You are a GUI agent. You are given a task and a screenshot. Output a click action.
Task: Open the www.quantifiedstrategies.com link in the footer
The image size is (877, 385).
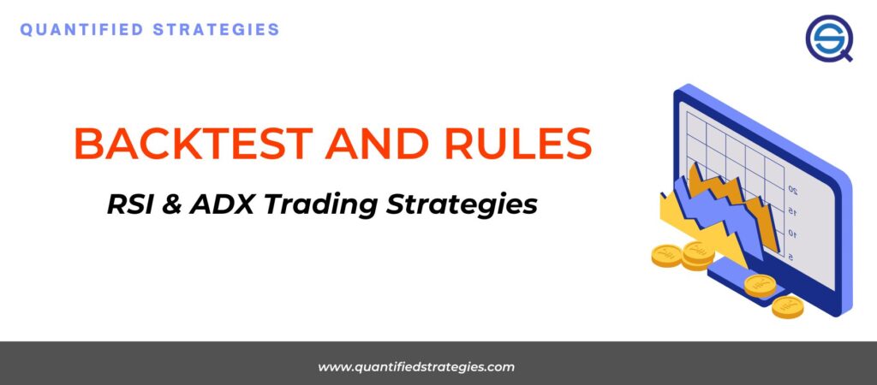click(416, 367)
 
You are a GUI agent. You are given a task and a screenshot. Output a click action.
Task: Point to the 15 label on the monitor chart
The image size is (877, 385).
click(792, 211)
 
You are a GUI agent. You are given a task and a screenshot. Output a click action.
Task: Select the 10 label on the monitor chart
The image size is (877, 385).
click(792, 234)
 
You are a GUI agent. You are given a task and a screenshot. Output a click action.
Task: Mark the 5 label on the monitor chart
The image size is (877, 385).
click(790, 255)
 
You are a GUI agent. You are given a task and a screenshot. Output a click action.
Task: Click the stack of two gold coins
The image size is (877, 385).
click(699, 253)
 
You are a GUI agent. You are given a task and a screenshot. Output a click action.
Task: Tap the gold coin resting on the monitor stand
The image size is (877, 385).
click(759, 285)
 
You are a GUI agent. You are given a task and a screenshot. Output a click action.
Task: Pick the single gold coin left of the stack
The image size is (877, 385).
click(667, 255)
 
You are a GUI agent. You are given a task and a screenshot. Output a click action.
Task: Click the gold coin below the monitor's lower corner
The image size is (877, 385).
click(788, 306)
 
